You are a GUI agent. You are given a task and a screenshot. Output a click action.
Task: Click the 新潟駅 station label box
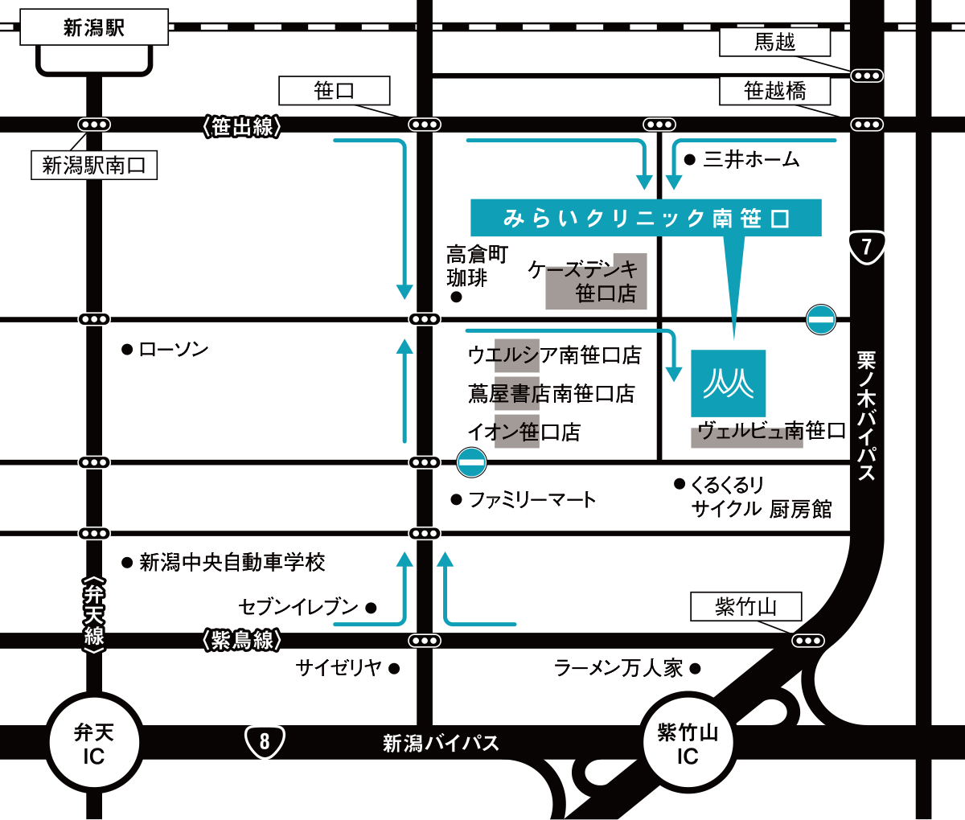coord(94,27)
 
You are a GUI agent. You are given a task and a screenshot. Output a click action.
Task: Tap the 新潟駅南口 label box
coord(94,165)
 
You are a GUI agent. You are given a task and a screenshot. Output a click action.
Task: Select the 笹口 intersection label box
coord(335,91)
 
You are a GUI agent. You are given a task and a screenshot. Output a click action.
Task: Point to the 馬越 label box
coord(774,42)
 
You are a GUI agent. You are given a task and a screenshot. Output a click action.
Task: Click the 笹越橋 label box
coord(774,91)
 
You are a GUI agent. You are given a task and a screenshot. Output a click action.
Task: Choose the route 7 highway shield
coord(867,248)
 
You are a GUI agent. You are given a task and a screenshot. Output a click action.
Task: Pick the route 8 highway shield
coord(265,741)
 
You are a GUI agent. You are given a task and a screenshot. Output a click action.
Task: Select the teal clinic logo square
coord(729,383)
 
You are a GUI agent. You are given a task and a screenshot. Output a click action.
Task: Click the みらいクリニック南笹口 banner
coord(646,218)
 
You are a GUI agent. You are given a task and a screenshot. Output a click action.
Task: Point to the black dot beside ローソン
coord(126,350)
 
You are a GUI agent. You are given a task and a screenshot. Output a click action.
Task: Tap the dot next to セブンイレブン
coord(371,608)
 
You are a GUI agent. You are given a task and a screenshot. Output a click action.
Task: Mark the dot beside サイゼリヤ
coord(394,669)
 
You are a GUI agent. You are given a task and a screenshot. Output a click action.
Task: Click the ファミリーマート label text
coord(532,500)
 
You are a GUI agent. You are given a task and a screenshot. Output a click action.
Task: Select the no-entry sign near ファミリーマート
coord(471,462)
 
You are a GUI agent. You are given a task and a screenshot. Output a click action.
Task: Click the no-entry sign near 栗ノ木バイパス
coord(821,320)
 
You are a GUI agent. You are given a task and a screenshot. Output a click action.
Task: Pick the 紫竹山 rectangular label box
coord(746,607)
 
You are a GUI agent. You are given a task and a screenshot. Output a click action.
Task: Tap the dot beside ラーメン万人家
coord(695,669)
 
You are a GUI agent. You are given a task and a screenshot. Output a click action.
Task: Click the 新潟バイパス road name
coord(441,743)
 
